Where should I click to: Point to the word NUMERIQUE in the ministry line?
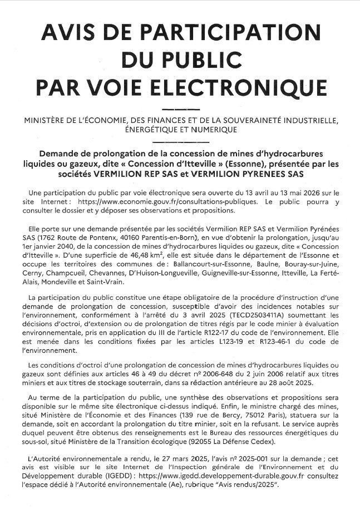210,130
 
